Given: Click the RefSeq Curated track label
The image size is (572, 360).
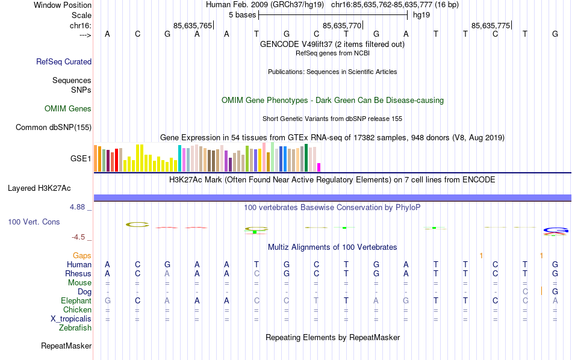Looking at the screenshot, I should (x=64, y=61).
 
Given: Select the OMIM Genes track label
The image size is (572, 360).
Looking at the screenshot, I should (x=68, y=109).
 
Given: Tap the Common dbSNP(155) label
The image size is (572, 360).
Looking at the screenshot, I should (x=54, y=127).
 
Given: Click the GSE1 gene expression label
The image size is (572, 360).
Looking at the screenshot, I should (x=81, y=159).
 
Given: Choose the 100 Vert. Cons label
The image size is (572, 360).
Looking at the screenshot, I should (x=34, y=222).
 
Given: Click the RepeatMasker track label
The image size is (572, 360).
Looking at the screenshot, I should (x=66, y=346).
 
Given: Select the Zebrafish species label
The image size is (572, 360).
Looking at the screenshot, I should (x=75, y=328).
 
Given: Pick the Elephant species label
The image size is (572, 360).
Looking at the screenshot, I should (x=76, y=301).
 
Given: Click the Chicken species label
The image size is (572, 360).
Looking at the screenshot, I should (x=78, y=310).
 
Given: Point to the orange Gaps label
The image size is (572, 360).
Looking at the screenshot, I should (x=82, y=256).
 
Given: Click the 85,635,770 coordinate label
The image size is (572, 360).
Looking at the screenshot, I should (x=342, y=26).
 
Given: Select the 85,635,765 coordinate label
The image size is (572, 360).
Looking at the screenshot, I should (x=192, y=26).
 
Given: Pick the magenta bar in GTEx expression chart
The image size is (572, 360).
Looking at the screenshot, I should (x=319, y=167).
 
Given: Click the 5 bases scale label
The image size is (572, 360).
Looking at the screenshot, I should (x=242, y=14).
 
